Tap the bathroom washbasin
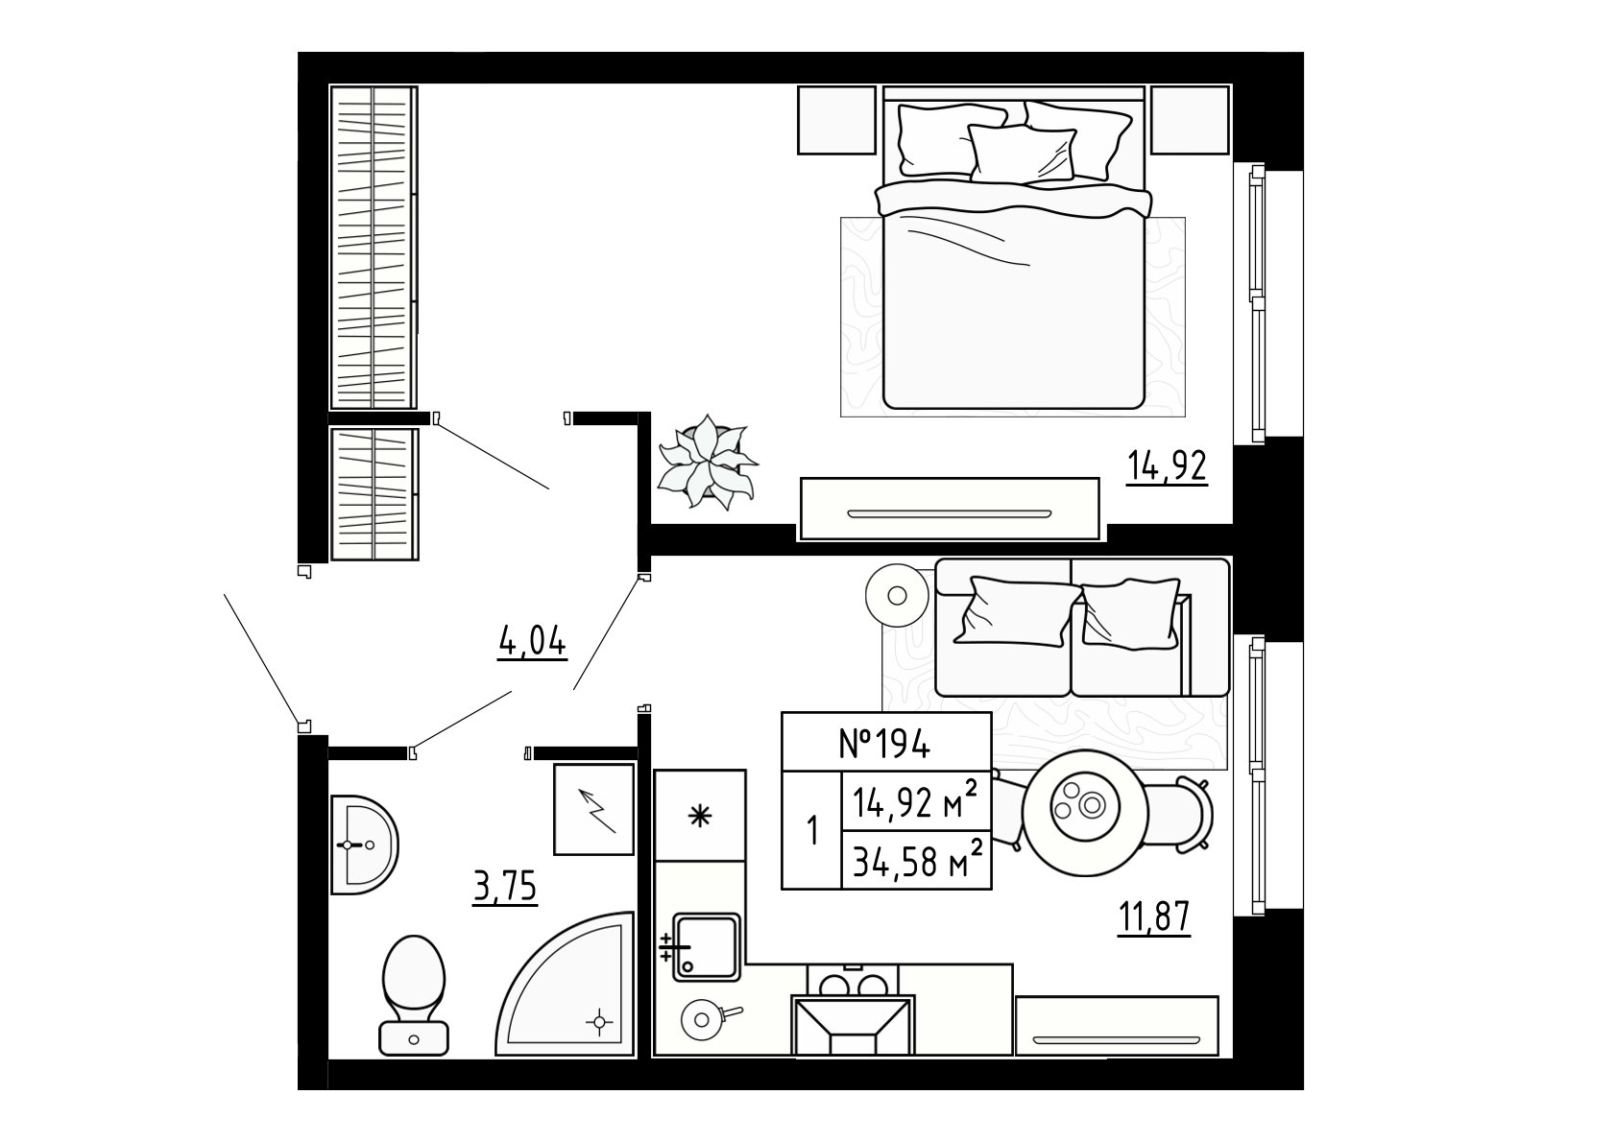(363, 845)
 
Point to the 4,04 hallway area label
(532, 641)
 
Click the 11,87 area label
(1153, 918)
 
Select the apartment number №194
(885, 744)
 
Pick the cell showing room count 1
(812, 830)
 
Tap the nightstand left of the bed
(836, 120)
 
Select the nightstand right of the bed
(1190, 120)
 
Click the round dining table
(1085, 813)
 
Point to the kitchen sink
(707, 947)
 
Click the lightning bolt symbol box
(593, 810)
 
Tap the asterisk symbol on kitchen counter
(700, 816)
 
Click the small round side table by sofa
(898, 596)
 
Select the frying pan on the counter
(707, 1019)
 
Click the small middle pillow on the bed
(1022, 154)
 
